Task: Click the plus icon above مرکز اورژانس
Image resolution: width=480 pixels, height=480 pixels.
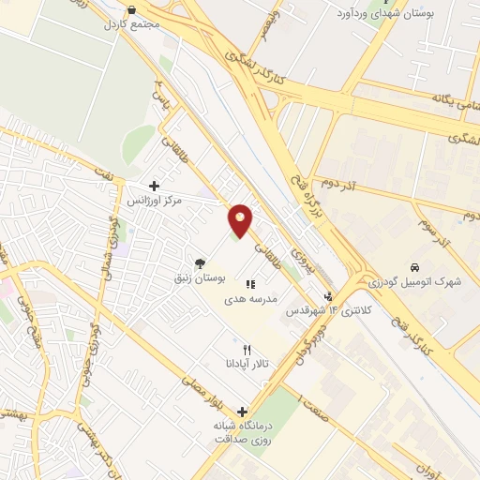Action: (154, 187)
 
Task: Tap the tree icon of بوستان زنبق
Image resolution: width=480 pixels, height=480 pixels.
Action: (200, 264)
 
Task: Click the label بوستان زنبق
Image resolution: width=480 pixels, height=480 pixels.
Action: (202, 279)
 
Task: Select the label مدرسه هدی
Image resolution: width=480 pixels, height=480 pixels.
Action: (247, 298)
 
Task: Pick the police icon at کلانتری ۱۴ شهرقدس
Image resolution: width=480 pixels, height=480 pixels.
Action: (328, 297)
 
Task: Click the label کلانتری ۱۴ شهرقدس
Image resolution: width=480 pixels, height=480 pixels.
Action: (322, 310)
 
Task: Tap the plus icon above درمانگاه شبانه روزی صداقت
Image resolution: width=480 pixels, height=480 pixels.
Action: (242, 412)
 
